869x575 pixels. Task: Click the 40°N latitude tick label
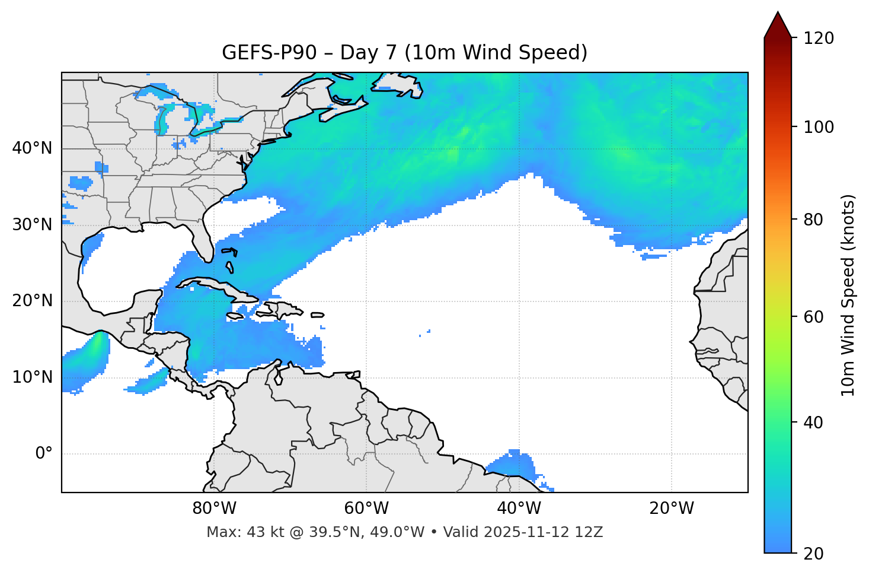coord(32,148)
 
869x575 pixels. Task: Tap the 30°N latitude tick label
coord(32,224)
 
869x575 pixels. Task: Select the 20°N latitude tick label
coord(32,301)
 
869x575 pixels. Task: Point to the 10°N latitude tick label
coord(32,377)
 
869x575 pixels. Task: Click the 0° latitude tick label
coord(44,453)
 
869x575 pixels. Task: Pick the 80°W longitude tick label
coord(214,508)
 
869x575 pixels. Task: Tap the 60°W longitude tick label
coord(366,508)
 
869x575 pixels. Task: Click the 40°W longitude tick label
coord(519,508)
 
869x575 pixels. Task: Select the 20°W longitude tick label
coord(671,508)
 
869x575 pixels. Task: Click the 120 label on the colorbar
coord(819,38)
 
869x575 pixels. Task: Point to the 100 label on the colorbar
coord(819,127)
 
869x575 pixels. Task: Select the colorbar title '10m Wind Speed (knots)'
coord(848,295)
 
